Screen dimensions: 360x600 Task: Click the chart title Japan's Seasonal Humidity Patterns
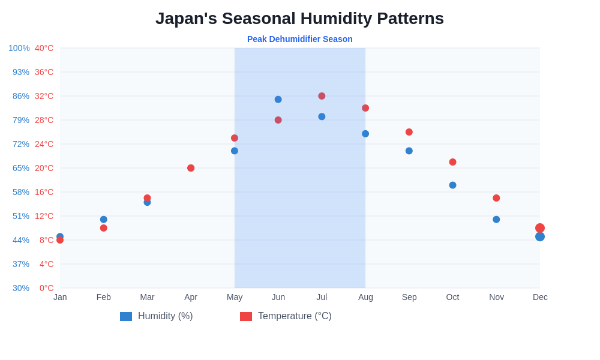click(x=299, y=19)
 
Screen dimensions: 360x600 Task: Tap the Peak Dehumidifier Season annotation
click(x=299, y=39)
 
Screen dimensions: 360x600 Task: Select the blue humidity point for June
click(x=278, y=100)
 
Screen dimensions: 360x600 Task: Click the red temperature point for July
click(x=322, y=96)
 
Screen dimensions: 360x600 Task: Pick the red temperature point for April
click(x=191, y=168)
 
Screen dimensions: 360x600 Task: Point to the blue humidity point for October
click(x=453, y=185)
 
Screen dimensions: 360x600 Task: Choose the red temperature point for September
click(x=409, y=132)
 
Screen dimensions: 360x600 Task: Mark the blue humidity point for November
click(x=496, y=220)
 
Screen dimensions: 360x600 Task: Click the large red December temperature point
click(x=540, y=228)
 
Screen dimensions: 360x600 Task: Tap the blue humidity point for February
click(x=104, y=220)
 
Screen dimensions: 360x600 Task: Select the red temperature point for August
click(x=365, y=108)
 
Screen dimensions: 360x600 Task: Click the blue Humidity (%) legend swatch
click(x=126, y=316)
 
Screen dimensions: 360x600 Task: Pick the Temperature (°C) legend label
click(x=295, y=316)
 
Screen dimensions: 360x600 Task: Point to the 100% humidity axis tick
click(x=19, y=48)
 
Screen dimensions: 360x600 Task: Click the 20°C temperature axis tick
click(x=44, y=168)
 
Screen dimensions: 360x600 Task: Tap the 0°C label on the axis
click(x=46, y=288)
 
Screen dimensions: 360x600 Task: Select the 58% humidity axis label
click(x=21, y=192)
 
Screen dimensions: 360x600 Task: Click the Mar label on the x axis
click(x=147, y=297)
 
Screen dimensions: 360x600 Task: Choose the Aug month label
click(x=365, y=297)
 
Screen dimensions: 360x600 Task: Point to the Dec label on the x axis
click(x=540, y=297)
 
